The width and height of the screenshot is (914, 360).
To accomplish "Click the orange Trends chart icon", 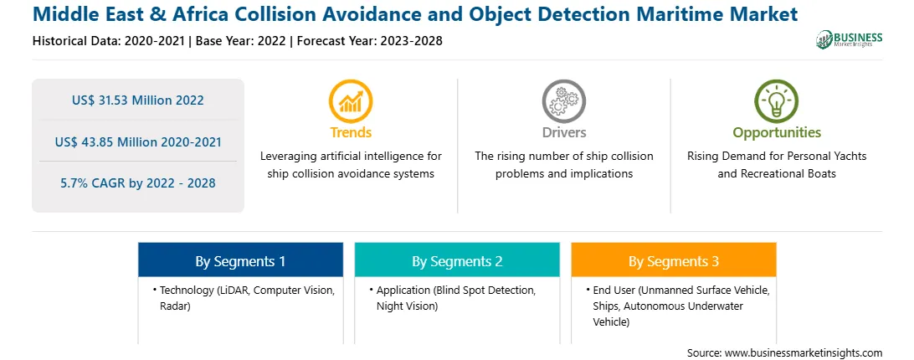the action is point(351,101).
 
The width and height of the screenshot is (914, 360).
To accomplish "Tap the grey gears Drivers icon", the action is point(563,101).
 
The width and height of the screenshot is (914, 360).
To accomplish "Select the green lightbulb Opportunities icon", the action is point(777,101).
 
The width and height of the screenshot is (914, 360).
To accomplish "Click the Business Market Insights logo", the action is point(850,39).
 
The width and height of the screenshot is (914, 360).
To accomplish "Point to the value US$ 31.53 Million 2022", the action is point(138,100).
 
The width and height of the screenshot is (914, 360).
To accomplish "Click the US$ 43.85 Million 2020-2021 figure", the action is point(138,141).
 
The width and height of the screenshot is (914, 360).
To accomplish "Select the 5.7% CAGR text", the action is point(138,183).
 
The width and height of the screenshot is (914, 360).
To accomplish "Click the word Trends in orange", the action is point(351,132).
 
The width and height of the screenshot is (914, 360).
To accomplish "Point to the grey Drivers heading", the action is point(563,132).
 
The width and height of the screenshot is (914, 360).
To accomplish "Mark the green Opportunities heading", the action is point(777,132).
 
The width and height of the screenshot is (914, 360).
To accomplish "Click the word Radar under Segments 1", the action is point(175,306).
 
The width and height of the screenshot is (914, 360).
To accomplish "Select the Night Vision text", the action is point(407,306).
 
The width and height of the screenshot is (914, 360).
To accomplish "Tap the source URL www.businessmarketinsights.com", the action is point(804,353).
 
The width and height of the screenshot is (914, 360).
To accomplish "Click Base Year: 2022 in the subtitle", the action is point(241,41).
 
